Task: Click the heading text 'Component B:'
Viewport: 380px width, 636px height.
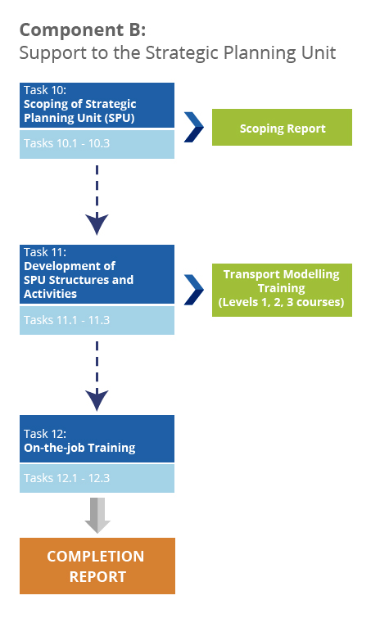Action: pyautogui.click(x=83, y=31)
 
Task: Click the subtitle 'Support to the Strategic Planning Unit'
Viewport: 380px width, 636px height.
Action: pyautogui.click(x=178, y=53)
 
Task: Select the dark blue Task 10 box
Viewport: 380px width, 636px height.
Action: pyautogui.click(x=97, y=106)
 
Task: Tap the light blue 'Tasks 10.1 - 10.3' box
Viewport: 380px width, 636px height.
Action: pyautogui.click(x=97, y=144)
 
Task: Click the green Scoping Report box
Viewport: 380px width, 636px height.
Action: pyautogui.click(x=282, y=128)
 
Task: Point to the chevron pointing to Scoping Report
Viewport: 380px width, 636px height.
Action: pyautogui.click(x=194, y=128)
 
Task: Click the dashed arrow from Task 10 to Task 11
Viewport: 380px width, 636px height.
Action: pyautogui.click(x=97, y=200)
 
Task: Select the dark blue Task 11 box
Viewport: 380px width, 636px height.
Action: pyautogui.click(x=97, y=274)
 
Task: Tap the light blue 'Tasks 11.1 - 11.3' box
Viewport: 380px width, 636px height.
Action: pyautogui.click(x=97, y=320)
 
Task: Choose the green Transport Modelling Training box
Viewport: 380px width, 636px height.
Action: pyautogui.click(x=282, y=290)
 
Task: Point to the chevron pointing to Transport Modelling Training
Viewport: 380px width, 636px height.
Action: pyautogui.click(x=194, y=290)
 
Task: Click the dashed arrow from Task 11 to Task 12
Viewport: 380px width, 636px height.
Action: pyautogui.click(x=97, y=376)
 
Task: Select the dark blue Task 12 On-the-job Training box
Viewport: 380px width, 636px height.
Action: pyautogui.click(x=97, y=439)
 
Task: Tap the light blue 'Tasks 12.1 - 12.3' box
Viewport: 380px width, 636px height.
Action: pyautogui.click(x=97, y=478)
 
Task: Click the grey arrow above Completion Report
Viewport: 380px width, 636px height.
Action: pyautogui.click(x=97, y=516)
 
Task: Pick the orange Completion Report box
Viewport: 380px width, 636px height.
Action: pyautogui.click(x=97, y=566)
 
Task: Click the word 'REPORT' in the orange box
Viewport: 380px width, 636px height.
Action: pyautogui.click(x=97, y=577)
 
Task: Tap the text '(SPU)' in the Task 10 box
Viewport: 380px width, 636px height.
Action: pyautogui.click(x=119, y=118)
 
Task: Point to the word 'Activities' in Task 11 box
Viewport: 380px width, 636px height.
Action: pyautogui.click(x=50, y=294)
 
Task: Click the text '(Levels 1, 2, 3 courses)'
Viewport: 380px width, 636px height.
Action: pyautogui.click(x=282, y=302)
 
